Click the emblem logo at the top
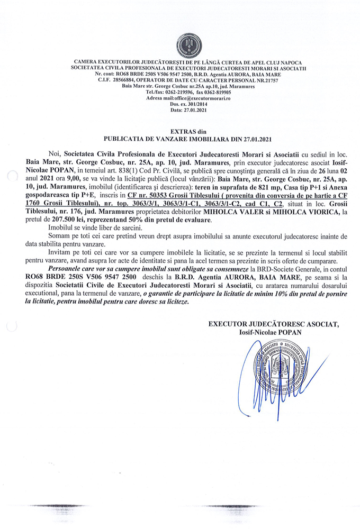point(186,45)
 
